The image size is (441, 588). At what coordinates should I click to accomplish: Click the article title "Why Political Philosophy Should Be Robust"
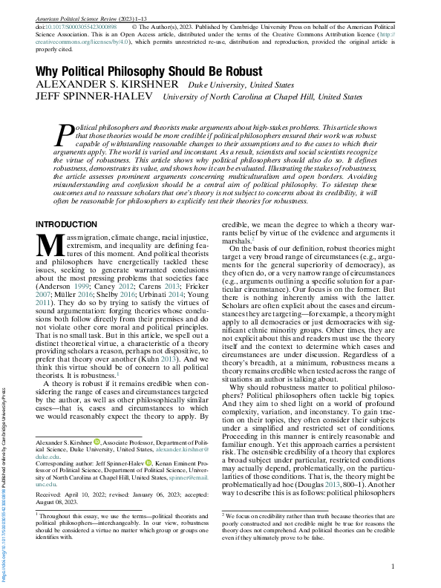(148, 71)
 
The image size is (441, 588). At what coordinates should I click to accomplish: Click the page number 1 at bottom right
(392, 568)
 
